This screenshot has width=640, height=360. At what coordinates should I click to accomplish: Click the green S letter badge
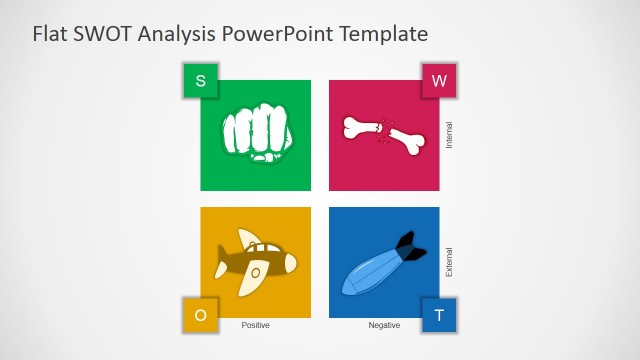pyautogui.click(x=200, y=81)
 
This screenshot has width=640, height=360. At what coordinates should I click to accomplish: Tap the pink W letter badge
pyautogui.click(x=438, y=81)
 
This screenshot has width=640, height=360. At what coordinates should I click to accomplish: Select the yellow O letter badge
pyautogui.click(x=200, y=315)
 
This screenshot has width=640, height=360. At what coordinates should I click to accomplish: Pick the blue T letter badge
pyautogui.click(x=438, y=315)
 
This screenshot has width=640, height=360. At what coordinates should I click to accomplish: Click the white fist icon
pyautogui.click(x=255, y=133)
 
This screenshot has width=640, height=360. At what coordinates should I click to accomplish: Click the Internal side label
pyautogui.click(x=449, y=135)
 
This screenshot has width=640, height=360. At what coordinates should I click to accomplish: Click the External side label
pyautogui.click(x=449, y=262)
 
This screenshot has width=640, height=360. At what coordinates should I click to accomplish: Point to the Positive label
pyautogui.click(x=256, y=325)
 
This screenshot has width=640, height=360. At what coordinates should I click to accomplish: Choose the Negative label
pyautogui.click(x=384, y=325)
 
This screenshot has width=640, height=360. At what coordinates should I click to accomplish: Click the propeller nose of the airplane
pyautogui.click(x=289, y=263)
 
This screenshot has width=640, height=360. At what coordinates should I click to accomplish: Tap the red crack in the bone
pyautogui.click(x=381, y=131)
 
